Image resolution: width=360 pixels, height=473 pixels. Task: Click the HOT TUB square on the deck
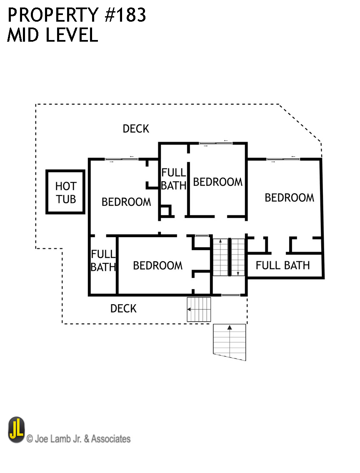pyautogui.click(x=65, y=192)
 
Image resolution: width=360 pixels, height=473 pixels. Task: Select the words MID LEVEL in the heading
pyautogui.click(x=52, y=35)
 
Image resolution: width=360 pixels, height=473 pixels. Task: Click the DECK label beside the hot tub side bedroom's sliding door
pyautogui.click(x=136, y=129)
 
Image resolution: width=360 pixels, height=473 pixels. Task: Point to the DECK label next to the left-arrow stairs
pyautogui.click(x=123, y=308)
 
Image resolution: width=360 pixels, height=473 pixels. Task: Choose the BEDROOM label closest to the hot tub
pyautogui.click(x=126, y=202)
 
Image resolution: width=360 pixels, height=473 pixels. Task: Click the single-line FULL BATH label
pyautogui.click(x=282, y=265)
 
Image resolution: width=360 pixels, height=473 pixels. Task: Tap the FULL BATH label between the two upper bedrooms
pyautogui.click(x=173, y=179)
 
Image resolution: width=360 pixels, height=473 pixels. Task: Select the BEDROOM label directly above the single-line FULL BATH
pyautogui.click(x=289, y=198)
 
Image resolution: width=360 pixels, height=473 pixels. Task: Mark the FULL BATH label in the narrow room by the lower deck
pyautogui.click(x=103, y=260)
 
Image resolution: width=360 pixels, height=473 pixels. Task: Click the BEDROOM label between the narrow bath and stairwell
pyautogui.click(x=157, y=265)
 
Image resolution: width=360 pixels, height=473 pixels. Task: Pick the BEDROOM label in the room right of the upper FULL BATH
pyautogui.click(x=217, y=182)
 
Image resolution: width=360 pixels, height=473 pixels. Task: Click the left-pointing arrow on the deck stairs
pyautogui.click(x=190, y=309)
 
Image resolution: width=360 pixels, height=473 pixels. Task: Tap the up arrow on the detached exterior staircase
pyautogui.click(x=230, y=328)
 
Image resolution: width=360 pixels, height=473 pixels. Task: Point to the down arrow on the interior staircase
pyautogui.click(x=237, y=273)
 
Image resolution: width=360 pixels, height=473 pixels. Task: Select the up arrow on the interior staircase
pyautogui.click(x=220, y=242)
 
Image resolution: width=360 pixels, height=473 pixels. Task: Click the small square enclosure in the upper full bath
pyautogui.click(x=166, y=211)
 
